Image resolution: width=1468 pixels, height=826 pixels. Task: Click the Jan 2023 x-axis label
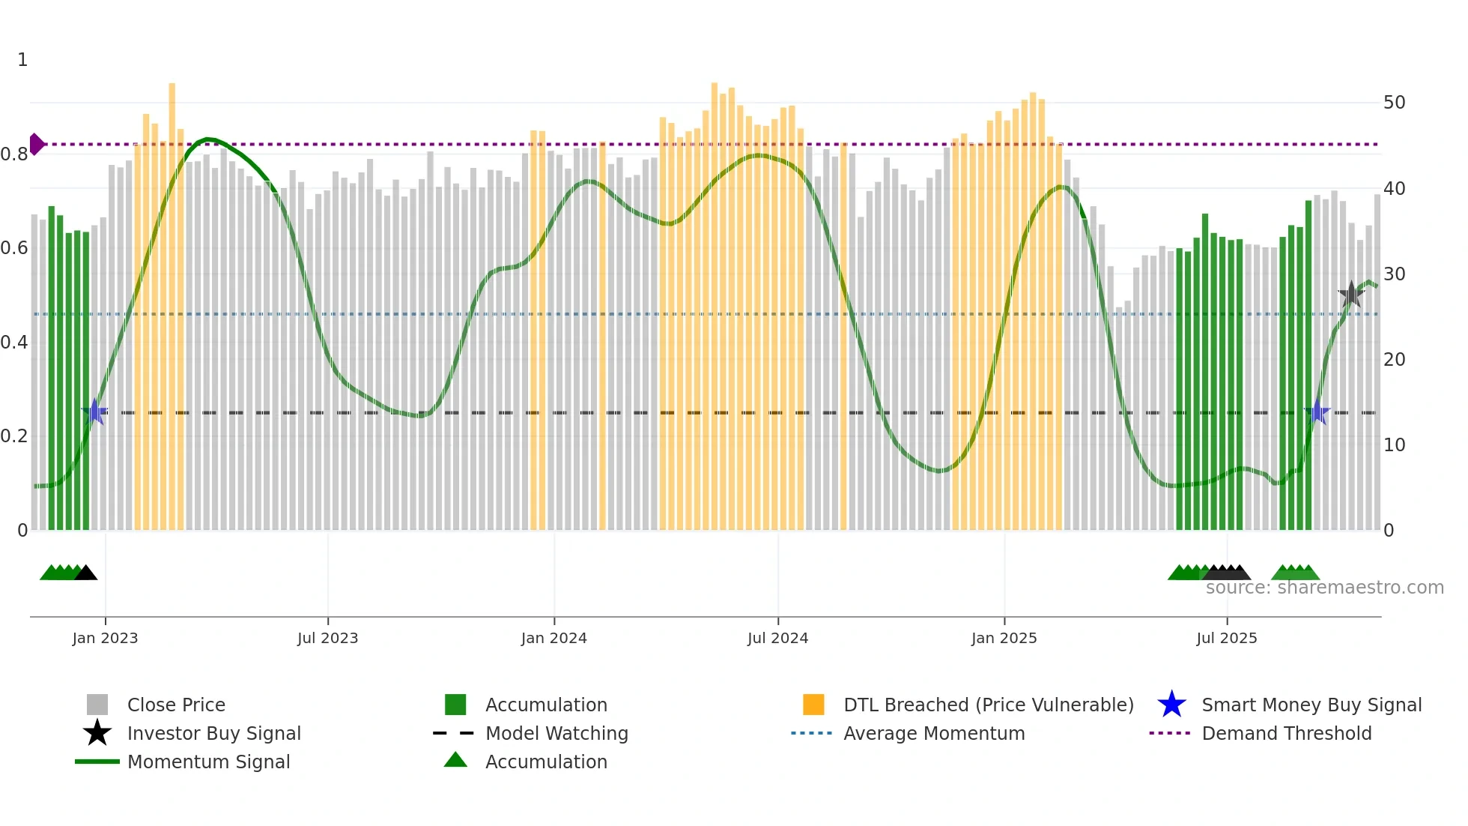(105, 638)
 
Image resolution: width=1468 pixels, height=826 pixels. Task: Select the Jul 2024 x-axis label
(777, 638)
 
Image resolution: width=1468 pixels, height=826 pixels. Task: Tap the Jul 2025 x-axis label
(1226, 638)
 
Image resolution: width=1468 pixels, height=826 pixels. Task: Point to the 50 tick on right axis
(1394, 103)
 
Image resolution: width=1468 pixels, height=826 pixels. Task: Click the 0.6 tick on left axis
(14, 248)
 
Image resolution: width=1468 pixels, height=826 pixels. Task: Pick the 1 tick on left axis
(22, 60)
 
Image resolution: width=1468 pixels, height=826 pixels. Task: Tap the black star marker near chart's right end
(1351, 295)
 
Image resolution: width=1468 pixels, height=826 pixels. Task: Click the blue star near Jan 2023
(95, 412)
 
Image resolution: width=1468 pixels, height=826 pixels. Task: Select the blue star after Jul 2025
(1317, 412)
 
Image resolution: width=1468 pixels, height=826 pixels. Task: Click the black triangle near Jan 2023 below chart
(86, 573)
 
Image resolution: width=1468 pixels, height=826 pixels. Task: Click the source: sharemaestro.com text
(1324, 588)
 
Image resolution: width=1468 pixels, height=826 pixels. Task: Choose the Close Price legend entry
(176, 705)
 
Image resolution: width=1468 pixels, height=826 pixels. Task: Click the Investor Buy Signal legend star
(97, 733)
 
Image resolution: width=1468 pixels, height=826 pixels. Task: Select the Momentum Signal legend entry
(208, 762)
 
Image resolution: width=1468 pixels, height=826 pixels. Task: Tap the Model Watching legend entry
(556, 733)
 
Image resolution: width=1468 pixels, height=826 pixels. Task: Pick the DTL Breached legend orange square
(813, 705)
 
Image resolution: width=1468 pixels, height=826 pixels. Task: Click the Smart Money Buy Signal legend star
(1171, 705)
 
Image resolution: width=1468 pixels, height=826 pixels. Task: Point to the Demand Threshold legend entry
(1286, 733)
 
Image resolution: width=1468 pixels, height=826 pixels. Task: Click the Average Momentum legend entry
(934, 733)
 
